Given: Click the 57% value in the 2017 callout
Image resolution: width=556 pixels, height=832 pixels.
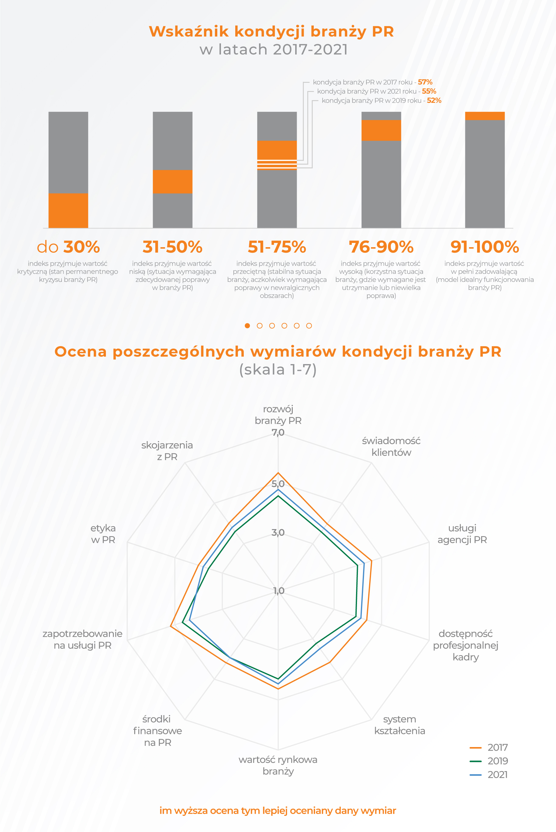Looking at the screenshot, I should [x=425, y=82].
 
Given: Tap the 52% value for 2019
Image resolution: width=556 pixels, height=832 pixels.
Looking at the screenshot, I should [x=434, y=101].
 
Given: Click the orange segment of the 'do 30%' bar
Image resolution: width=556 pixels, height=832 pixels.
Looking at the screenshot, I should [x=68, y=210].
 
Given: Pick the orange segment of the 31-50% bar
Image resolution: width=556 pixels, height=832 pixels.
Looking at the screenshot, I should [x=172, y=181].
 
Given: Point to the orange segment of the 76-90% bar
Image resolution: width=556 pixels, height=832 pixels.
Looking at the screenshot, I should [x=381, y=130].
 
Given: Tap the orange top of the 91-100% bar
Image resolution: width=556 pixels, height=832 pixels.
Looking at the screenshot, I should [x=485, y=116].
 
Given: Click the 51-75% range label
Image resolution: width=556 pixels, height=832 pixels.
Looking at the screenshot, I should [x=277, y=247].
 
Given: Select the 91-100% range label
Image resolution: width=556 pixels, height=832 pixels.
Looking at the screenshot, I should [x=485, y=247].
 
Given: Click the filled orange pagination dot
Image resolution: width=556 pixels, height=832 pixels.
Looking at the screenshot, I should [x=247, y=325].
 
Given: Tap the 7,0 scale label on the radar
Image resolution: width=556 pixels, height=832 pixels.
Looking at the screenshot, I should [x=278, y=432].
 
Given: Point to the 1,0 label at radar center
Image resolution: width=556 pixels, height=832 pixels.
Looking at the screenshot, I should [x=278, y=591].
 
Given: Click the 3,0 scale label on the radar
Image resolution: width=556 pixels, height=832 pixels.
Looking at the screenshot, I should [x=278, y=532].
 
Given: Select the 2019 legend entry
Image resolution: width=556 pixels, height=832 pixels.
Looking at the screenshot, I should [x=489, y=761].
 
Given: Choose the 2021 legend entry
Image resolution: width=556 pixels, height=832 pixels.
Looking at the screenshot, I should [x=489, y=774].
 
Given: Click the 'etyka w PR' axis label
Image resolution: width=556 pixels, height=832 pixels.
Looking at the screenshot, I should [x=103, y=534].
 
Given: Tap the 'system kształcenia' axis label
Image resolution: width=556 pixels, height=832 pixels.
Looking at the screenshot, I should [x=400, y=725].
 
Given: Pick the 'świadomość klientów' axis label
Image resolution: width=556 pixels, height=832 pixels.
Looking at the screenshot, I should [x=391, y=447].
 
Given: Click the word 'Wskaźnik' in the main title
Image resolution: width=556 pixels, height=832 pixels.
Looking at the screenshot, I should [x=189, y=32].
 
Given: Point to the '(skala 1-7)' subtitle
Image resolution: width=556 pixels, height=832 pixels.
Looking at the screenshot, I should [x=278, y=370].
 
